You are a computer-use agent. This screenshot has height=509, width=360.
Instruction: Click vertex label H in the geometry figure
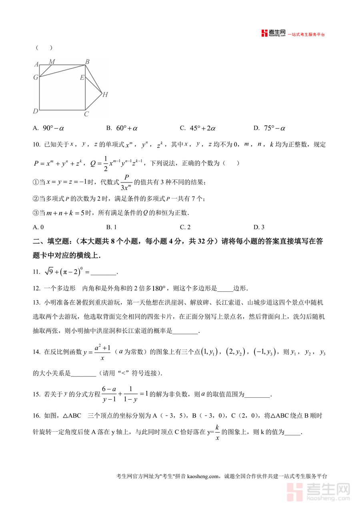[105, 95]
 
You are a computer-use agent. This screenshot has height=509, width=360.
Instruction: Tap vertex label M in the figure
[52, 62]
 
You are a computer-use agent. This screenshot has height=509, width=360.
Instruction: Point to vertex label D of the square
[36, 111]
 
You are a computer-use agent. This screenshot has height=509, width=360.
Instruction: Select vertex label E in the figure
[82, 78]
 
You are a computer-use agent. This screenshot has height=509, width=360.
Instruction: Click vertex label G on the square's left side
[36, 77]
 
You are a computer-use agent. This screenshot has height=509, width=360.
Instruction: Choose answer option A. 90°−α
[49, 128]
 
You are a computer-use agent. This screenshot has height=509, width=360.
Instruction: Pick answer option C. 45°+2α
[198, 128]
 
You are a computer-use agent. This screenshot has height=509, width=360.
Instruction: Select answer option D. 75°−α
[270, 128]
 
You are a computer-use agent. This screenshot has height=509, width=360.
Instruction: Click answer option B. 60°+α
[122, 128]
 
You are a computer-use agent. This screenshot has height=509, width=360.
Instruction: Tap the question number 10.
[36, 144]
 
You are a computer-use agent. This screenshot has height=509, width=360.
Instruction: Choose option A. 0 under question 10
[38, 227]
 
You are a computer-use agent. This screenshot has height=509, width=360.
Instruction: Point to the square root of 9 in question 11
[48, 271]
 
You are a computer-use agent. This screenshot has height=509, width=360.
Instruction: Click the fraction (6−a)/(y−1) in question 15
[109, 394]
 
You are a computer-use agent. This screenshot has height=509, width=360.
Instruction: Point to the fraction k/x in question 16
[217, 433]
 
